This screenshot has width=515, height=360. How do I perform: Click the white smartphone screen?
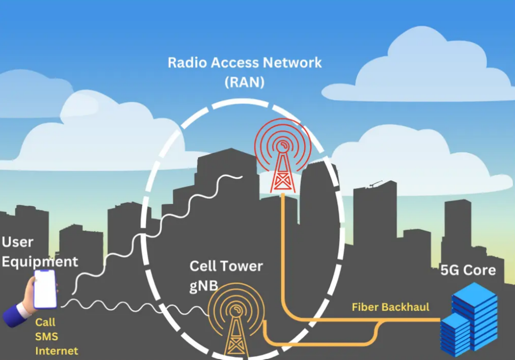(45, 289)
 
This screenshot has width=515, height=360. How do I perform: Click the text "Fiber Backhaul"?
(390, 307)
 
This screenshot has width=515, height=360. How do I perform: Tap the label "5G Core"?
(468, 270)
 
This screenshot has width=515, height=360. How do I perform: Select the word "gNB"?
(204, 286)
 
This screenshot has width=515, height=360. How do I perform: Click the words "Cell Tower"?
(226, 266)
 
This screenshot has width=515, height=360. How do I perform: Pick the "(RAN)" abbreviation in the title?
(244, 82)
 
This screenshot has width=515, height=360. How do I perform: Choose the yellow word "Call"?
(45, 322)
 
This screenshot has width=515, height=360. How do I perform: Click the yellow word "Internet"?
(56, 350)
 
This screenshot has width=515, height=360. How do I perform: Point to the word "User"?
(18, 242)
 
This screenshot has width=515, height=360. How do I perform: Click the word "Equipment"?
(39, 261)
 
